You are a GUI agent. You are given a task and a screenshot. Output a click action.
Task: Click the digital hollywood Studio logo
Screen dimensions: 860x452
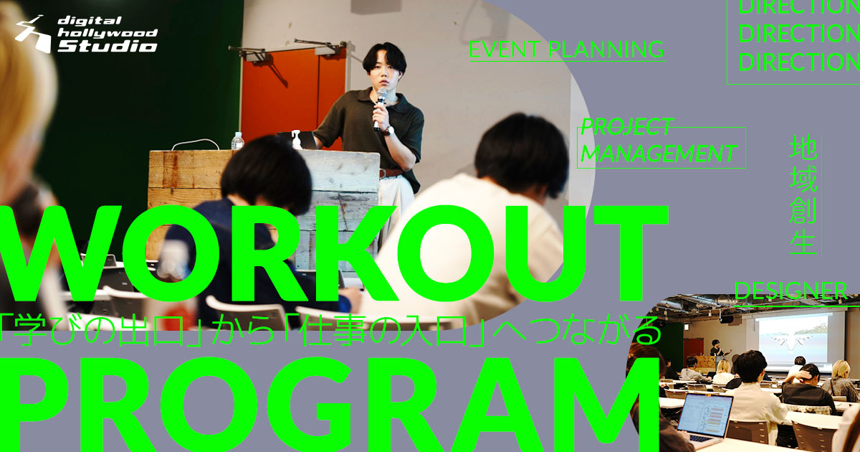tap(87, 34)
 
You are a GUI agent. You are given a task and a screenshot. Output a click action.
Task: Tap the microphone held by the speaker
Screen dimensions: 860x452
tap(380, 108)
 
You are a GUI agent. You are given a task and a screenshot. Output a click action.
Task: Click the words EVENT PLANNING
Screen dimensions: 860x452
tap(567, 50)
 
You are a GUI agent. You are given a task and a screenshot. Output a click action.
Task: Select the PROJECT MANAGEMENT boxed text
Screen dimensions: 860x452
tap(661, 148)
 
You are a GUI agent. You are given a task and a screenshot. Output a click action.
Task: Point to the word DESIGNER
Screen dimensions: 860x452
tap(791, 291)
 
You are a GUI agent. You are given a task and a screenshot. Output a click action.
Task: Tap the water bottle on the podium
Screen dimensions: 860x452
tap(237, 141)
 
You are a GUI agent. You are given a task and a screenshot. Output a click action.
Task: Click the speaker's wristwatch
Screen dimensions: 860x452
tap(389, 131)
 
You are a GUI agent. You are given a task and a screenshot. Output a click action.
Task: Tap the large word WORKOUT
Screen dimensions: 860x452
tap(334, 254)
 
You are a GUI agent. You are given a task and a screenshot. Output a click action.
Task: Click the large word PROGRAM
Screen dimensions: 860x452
tap(330, 406)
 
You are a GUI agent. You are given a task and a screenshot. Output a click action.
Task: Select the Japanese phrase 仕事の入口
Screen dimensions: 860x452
tap(385, 331)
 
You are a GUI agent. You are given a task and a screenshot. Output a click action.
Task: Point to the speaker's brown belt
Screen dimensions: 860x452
tap(391, 173)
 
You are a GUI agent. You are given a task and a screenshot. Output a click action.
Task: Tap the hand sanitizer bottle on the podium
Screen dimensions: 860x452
tap(297, 140)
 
